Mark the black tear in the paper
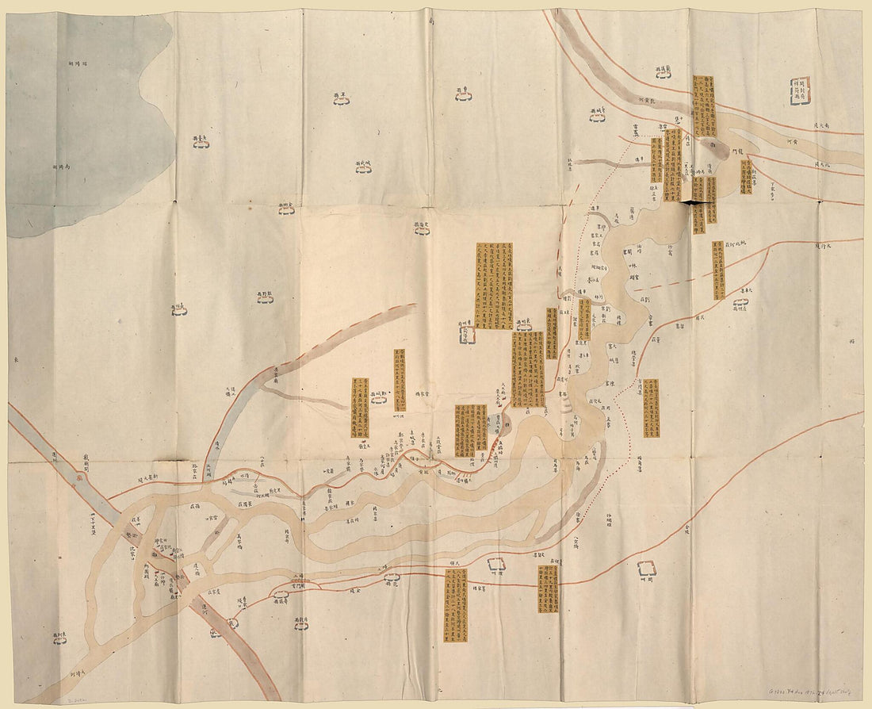click(695, 203)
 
